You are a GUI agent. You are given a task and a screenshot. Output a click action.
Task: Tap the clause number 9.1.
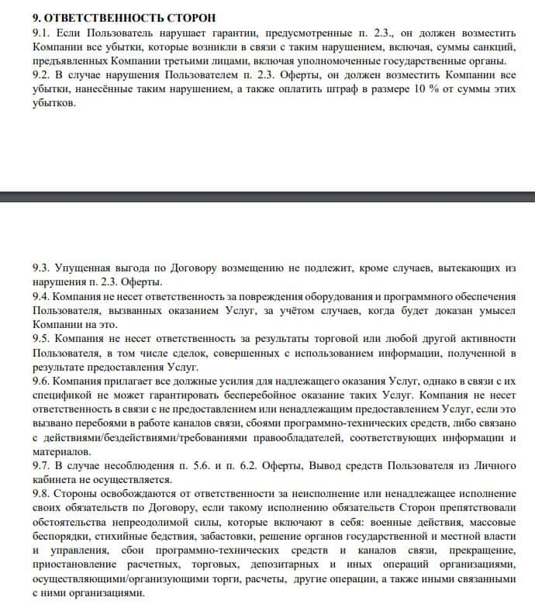tap(40, 33)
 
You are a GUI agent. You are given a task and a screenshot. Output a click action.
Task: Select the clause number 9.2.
tap(40, 75)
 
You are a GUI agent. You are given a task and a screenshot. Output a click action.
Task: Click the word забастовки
tap(221, 536)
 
